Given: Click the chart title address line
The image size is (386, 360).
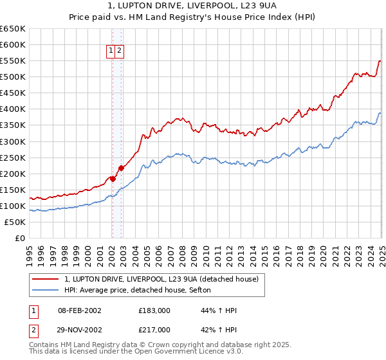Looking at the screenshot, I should point(192,5).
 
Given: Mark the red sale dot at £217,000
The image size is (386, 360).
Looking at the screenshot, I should point(121,168).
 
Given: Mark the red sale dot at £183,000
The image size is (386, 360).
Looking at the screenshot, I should point(112,179).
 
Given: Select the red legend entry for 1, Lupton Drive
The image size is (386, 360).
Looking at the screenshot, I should point(161,279).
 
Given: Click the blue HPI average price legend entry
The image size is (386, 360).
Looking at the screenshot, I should point(142,290).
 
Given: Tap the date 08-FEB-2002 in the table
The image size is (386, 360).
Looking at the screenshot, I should point(80,310).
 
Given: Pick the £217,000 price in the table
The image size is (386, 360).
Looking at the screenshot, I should point(154,330).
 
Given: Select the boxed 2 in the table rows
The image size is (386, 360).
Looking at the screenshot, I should point(33,330).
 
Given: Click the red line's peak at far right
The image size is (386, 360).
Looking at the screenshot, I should point(380,60).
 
